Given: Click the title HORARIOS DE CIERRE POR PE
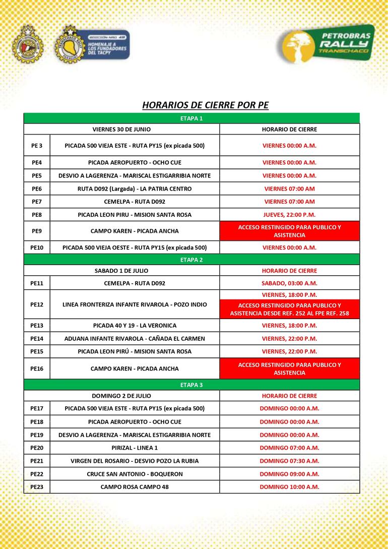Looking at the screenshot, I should pyautogui.click(x=205, y=105).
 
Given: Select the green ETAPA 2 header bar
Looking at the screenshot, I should pyautogui.click(x=191, y=260).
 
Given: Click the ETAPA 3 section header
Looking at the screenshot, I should pyautogui.click(x=191, y=385).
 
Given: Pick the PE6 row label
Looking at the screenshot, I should pyautogui.click(x=37, y=189).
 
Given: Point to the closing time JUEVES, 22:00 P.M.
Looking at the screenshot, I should pyautogui.click(x=289, y=215).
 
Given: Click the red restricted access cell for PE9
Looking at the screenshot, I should pyautogui.click(x=289, y=231).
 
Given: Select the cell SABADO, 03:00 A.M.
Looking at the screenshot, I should pyautogui.click(x=289, y=283).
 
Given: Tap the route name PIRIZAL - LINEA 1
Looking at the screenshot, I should pyautogui.click(x=135, y=448).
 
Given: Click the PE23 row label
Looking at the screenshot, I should pyautogui.click(x=37, y=487).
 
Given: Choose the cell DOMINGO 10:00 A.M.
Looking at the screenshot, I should pyautogui.click(x=289, y=487).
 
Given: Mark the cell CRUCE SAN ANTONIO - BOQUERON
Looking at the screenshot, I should pyautogui.click(x=135, y=474).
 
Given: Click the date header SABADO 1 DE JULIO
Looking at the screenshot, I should pyautogui.click(x=121, y=270).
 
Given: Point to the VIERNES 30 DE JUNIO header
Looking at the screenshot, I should pyautogui.click(x=121, y=129).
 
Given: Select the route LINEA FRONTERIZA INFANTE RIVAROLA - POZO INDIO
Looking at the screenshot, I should pyautogui.click(x=135, y=304).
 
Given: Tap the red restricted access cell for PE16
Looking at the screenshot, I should pyautogui.click(x=289, y=369).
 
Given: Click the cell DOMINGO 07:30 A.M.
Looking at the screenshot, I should pyautogui.click(x=289, y=461).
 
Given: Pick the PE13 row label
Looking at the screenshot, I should pyautogui.click(x=37, y=325).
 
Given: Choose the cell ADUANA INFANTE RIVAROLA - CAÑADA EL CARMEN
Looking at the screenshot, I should pyautogui.click(x=135, y=338).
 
